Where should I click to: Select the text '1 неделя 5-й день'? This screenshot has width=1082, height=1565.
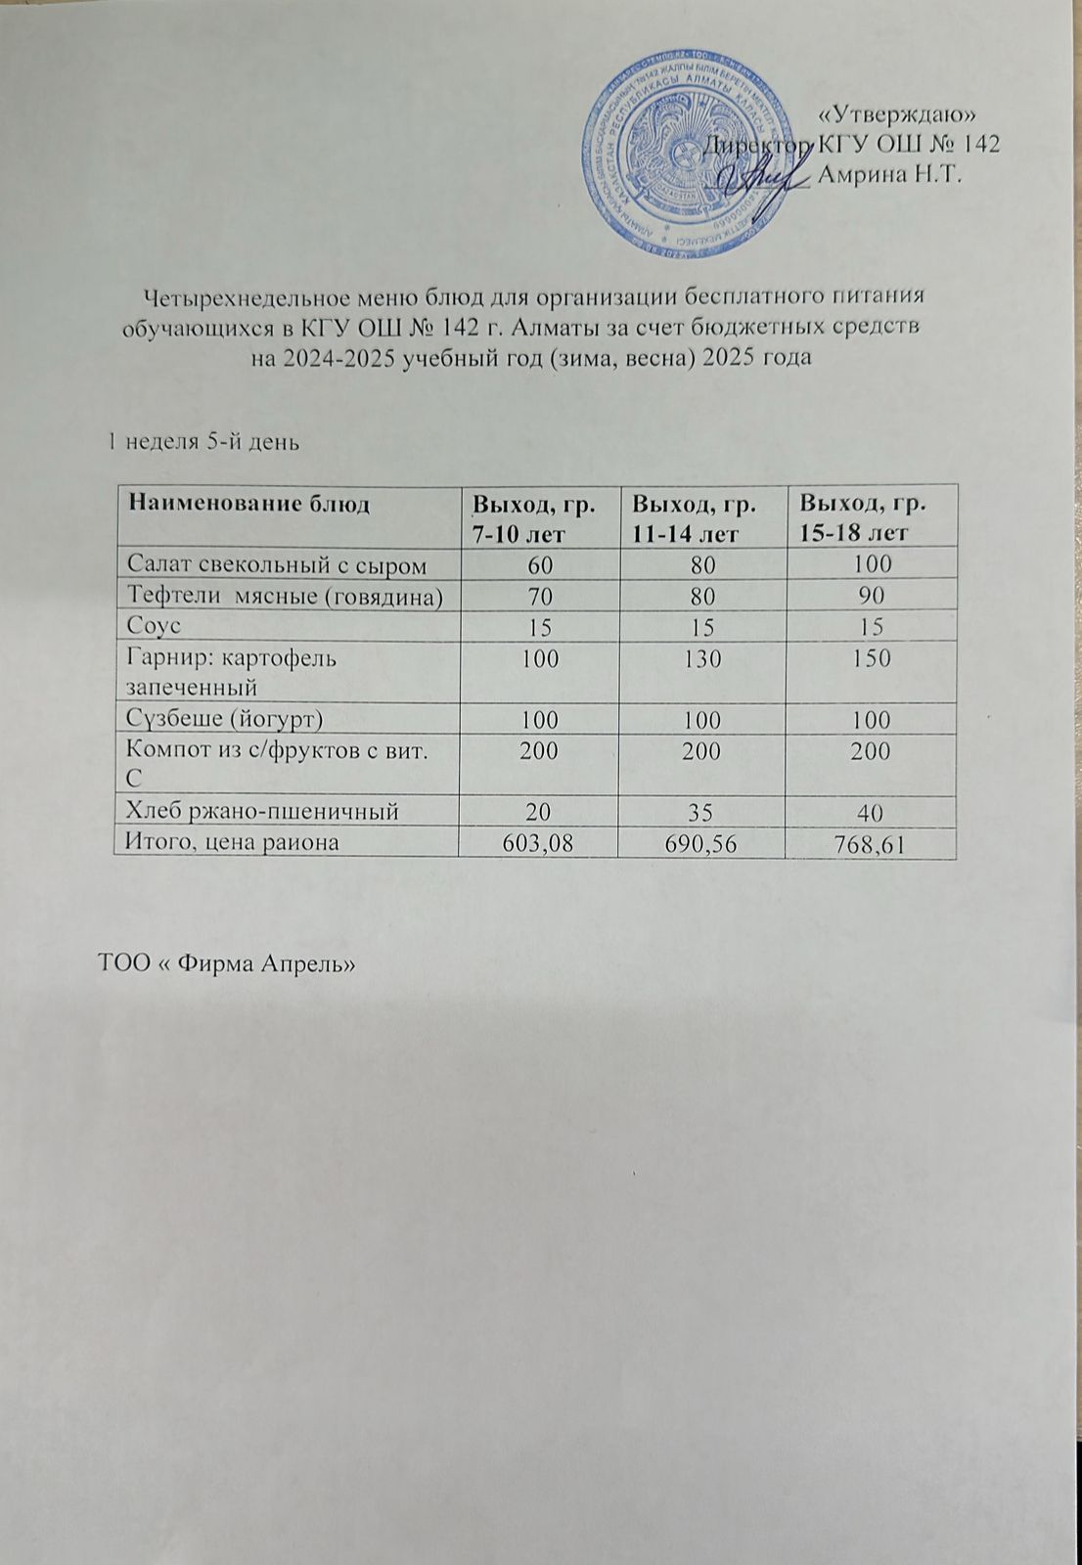point(203,442)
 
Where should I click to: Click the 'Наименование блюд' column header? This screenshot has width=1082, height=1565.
point(249,505)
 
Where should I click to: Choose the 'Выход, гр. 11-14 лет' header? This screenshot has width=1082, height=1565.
point(694,518)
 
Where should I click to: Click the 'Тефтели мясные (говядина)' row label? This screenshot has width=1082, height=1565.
point(286,596)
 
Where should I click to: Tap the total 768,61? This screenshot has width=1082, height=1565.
point(869,844)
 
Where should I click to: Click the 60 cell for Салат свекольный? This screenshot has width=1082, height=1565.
point(538,564)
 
